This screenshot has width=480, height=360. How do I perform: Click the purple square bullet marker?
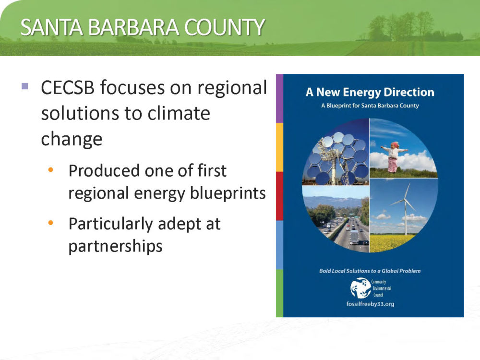click(25, 86)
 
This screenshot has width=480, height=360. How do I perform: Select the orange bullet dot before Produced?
click(51, 169)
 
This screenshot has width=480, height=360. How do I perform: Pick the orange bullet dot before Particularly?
click(51, 223)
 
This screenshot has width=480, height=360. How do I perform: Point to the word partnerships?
click(115, 246)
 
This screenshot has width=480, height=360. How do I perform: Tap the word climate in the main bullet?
click(179, 113)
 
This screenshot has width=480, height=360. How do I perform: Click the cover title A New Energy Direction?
click(370, 92)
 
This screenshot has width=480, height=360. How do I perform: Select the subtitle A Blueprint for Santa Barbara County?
click(370, 106)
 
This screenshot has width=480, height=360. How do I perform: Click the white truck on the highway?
click(354, 238)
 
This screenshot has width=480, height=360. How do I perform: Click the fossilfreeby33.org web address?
click(370, 304)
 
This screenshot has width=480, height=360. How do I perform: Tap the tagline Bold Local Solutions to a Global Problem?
click(370, 271)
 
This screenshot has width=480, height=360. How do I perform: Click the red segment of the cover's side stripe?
click(279, 196)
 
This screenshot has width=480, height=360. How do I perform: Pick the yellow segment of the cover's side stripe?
click(279, 147)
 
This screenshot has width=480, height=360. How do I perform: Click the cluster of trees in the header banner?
click(401, 27)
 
